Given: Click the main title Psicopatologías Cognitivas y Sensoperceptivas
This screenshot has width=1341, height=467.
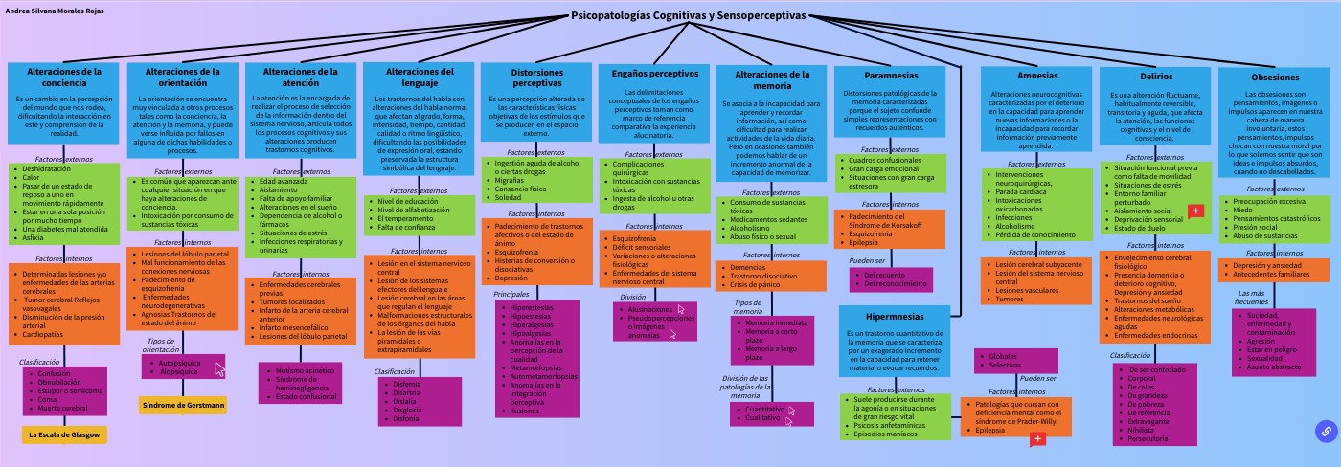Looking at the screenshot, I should tap(688, 15).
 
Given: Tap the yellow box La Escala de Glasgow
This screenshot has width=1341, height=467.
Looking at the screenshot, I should tap(62, 434).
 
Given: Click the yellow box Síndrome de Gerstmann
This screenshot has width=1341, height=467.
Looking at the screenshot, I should tap(183, 405).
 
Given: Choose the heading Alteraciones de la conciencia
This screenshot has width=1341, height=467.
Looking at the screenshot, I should tap(64, 77).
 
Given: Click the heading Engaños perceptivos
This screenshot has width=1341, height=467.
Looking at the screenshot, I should tap(648, 73).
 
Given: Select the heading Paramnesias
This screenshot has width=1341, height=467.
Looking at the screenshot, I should tap(890, 75).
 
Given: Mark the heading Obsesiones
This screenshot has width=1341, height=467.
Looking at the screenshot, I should tap(1275, 77).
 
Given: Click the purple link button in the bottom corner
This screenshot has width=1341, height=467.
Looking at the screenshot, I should tap(1327, 432).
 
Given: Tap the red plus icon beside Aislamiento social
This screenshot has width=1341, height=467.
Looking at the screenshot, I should tap(1194, 211).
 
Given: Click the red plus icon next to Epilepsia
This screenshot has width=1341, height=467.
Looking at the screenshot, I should tap(1036, 438).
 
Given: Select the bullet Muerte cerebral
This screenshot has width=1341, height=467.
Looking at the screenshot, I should tap(62, 408).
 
